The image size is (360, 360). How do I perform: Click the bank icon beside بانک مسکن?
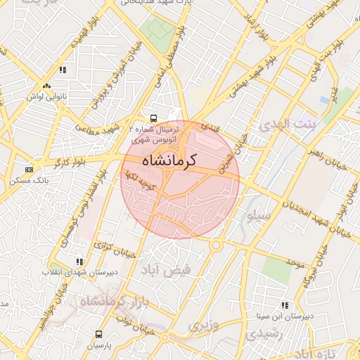tap(29, 169)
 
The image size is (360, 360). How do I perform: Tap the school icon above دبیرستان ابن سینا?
tap(285, 305)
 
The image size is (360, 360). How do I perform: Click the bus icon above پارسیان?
tap(98, 334)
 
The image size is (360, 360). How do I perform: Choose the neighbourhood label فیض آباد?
tap(163, 271)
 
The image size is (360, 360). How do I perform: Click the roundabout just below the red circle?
tap(216, 245)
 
